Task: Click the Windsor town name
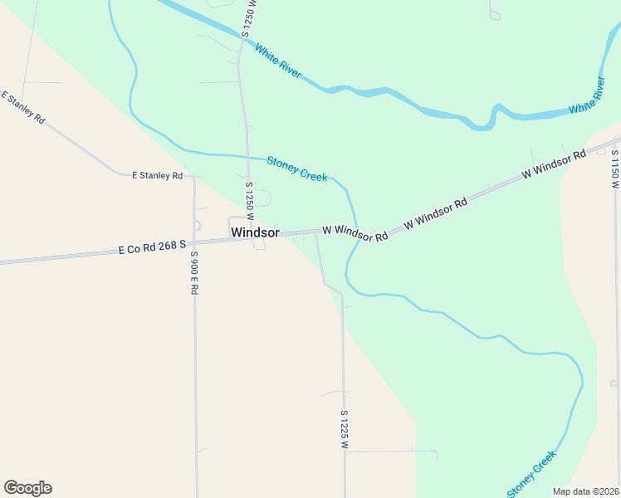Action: [x=255, y=232]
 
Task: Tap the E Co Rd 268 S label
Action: [x=150, y=247]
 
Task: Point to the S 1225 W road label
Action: [x=343, y=428]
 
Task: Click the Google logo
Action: [x=27, y=488]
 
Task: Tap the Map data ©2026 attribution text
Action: [x=586, y=491]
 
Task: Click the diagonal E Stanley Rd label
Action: [x=23, y=108]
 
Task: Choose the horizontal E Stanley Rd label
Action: [x=157, y=175]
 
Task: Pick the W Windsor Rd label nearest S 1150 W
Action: [x=554, y=164]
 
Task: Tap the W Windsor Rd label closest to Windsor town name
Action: [x=355, y=232]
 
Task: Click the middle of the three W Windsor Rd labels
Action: [x=436, y=213]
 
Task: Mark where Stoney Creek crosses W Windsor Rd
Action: [x=358, y=229]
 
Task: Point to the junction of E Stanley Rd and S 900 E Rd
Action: [x=193, y=176]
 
